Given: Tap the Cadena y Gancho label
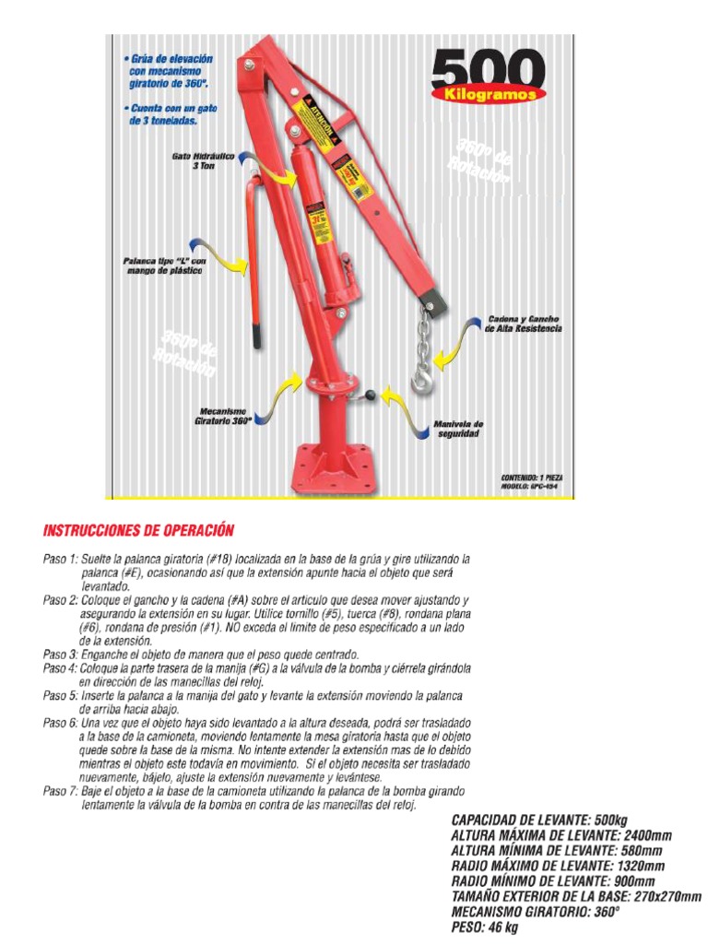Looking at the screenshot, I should click(x=523, y=323).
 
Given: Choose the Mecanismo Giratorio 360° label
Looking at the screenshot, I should click(x=222, y=415).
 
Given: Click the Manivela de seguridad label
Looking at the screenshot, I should click(x=458, y=429).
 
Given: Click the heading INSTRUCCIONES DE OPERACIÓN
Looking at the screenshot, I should click(x=138, y=531).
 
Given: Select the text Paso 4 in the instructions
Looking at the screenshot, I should click(x=60, y=667).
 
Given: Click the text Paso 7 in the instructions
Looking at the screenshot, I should click(x=60, y=791).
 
